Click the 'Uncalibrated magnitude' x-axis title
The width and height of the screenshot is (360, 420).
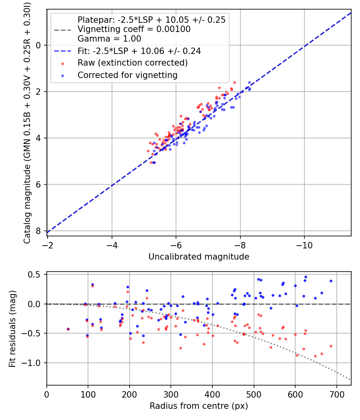pyautogui.click(x=199, y=257)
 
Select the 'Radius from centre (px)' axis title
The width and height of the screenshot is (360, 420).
pyautogui.click(x=199, y=406)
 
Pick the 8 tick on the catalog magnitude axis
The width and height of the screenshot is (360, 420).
pyautogui.click(x=38, y=231)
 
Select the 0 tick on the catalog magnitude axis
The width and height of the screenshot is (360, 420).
pyautogui.click(x=38, y=45)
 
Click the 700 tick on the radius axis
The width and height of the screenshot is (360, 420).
pyautogui.click(x=336, y=394)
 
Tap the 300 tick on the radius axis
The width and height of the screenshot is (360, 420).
pyautogui.click(x=171, y=394)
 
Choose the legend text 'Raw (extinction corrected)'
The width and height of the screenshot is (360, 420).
pyautogui.click(x=132, y=63)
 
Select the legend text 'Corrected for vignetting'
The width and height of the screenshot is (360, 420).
pyautogui.click(x=127, y=75)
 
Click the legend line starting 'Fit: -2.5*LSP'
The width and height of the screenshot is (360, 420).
pyautogui.click(x=139, y=51)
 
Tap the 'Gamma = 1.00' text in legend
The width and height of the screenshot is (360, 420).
pyautogui.click(x=109, y=39)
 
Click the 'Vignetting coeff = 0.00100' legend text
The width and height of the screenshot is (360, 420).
pyautogui.click(x=134, y=29)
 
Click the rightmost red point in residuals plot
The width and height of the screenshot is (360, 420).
pyautogui.click(x=331, y=346)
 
